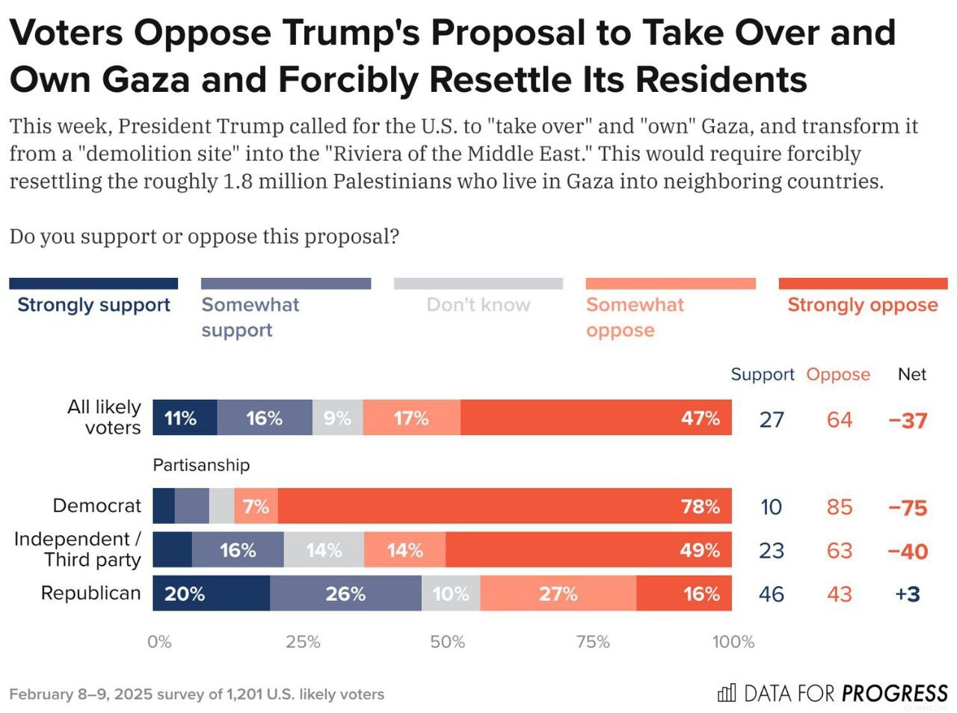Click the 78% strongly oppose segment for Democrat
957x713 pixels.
pyautogui.click(x=505, y=506)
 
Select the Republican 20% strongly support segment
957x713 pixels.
pyautogui.click(x=211, y=593)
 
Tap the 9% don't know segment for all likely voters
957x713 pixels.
pyautogui.click(x=337, y=418)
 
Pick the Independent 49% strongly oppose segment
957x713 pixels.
pyautogui.click(x=588, y=550)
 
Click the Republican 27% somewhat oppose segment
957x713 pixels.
pyautogui.click(x=558, y=593)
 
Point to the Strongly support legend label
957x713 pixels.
pyautogui.click(x=93, y=305)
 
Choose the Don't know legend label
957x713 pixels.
pyautogui.click(x=478, y=305)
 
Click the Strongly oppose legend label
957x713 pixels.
pyautogui.click(x=862, y=305)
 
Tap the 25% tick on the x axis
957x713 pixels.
pyautogui.click(x=303, y=642)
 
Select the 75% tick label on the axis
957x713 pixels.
pyautogui.click(x=593, y=642)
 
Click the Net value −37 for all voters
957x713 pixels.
pyautogui.click(x=908, y=420)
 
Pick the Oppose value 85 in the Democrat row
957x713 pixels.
pyautogui.click(x=839, y=507)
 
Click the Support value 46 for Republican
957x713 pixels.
pyautogui.click(x=772, y=594)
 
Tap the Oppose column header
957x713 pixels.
pyautogui.click(x=837, y=374)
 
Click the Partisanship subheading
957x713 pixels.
pyautogui.click(x=201, y=465)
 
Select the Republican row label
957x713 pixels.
pyautogui.click(x=90, y=593)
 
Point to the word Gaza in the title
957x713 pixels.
pyautogui.click(x=146, y=80)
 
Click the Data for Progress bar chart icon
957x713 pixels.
pyautogui.click(x=726, y=693)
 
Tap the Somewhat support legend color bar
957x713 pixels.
pyautogui.click(x=286, y=284)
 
